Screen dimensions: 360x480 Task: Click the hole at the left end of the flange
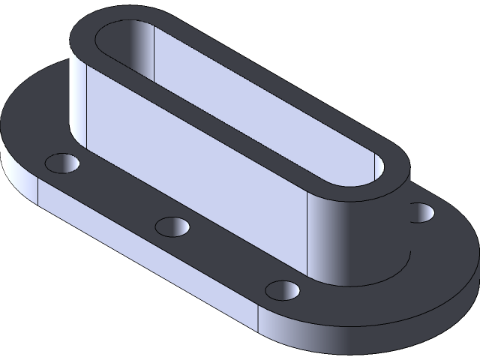tap(62, 163)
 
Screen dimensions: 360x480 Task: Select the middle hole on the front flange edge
tap(172, 226)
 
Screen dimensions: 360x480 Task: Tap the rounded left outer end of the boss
tap(78, 97)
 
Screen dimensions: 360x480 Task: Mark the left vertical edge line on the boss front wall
tap(88, 112)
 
